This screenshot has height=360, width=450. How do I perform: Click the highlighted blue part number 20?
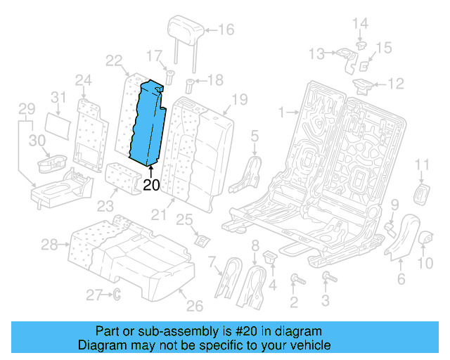(149, 123)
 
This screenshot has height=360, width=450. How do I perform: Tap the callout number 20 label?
(152, 186)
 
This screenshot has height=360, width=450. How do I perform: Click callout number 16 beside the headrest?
(226, 30)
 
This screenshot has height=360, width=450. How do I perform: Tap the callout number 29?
(26, 110)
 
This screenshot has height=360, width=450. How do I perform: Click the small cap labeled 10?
(425, 240)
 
